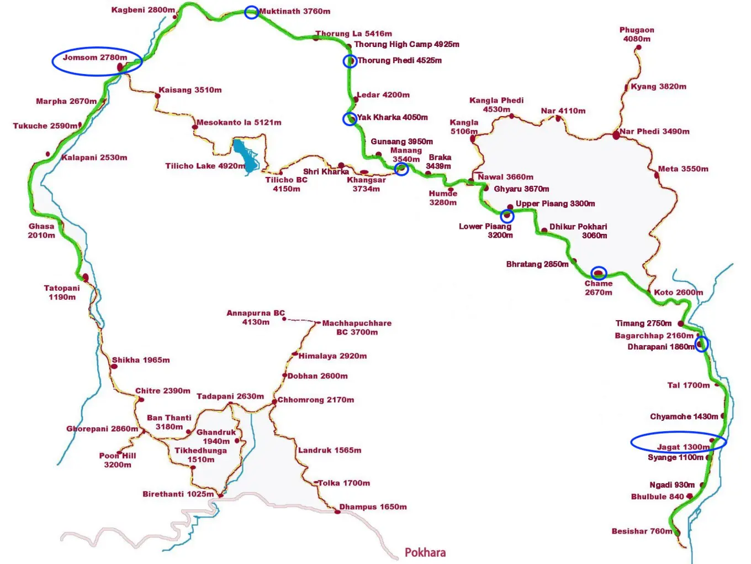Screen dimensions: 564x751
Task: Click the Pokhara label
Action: (x=425, y=552)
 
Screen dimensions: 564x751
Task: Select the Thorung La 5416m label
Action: (x=354, y=34)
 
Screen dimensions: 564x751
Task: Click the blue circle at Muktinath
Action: (x=251, y=12)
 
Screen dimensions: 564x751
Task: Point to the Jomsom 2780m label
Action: (x=94, y=58)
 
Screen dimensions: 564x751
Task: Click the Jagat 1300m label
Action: (x=683, y=447)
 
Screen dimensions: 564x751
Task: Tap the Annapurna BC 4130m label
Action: (x=256, y=317)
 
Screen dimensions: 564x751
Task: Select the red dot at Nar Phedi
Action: (x=616, y=135)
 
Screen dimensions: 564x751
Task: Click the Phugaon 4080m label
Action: (x=637, y=34)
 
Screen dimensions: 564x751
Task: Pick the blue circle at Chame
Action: (x=599, y=273)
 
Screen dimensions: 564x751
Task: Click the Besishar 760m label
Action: (x=642, y=531)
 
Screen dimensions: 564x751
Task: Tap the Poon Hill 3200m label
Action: (x=118, y=460)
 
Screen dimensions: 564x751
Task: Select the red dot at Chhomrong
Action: (x=274, y=402)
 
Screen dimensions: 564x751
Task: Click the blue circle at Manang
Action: (x=402, y=169)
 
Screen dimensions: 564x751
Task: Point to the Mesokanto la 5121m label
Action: (x=239, y=122)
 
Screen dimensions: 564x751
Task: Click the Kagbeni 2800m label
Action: (x=143, y=10)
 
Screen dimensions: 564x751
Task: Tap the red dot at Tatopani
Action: (x=86, y=278)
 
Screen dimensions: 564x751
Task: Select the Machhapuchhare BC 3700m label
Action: (x=357, y=327)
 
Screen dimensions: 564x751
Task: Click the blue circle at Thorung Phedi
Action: (x=350, y=61)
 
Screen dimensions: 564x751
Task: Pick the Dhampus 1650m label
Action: (x=373, y=507)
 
